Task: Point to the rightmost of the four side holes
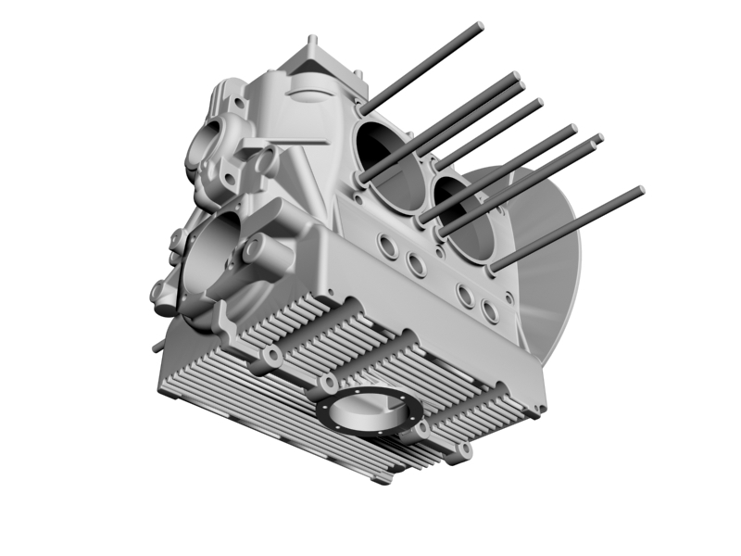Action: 490,311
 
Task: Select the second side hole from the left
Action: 417,266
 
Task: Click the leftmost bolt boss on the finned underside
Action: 272,357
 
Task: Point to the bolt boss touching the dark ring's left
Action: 328,384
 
